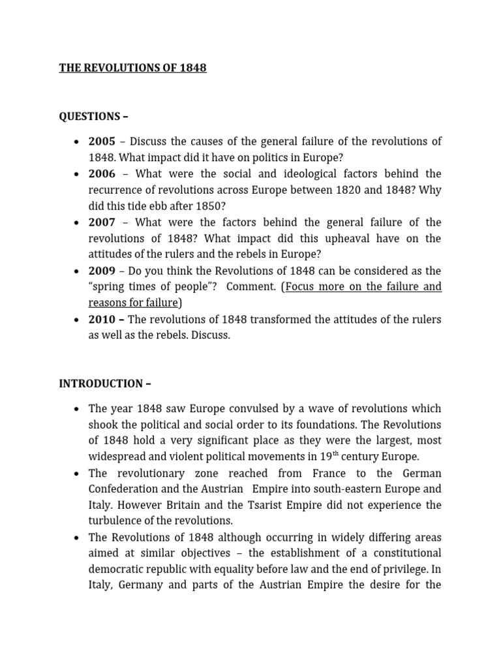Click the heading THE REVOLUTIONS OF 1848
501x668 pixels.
[132, 68]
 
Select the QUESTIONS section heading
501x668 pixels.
[93, 117]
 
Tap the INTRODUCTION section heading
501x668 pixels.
[105, 384]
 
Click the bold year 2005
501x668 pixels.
[102, 142]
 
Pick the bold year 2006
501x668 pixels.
[102, 174]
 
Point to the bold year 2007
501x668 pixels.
[102, 222]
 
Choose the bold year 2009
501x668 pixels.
[102, 271]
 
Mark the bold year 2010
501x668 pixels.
[102, 319]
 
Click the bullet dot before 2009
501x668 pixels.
[77, 271]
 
